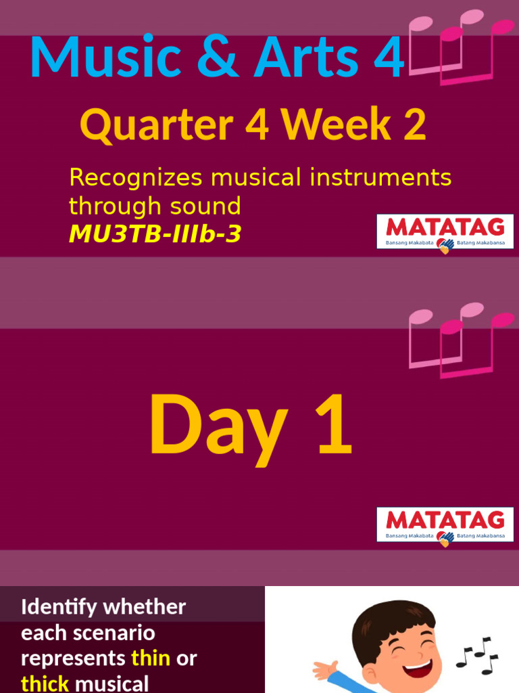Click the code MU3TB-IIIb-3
[x=155, y=234]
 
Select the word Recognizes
[x=136, y=178]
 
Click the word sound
[x=209, y=206]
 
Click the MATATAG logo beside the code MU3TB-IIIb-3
[x=445, y=231]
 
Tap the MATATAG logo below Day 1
[x=445, y=524]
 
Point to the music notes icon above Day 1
[x=460, y=338]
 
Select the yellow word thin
[x=151, y=658]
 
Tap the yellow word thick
[x=45, y=684]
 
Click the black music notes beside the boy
[x=477, y=655]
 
